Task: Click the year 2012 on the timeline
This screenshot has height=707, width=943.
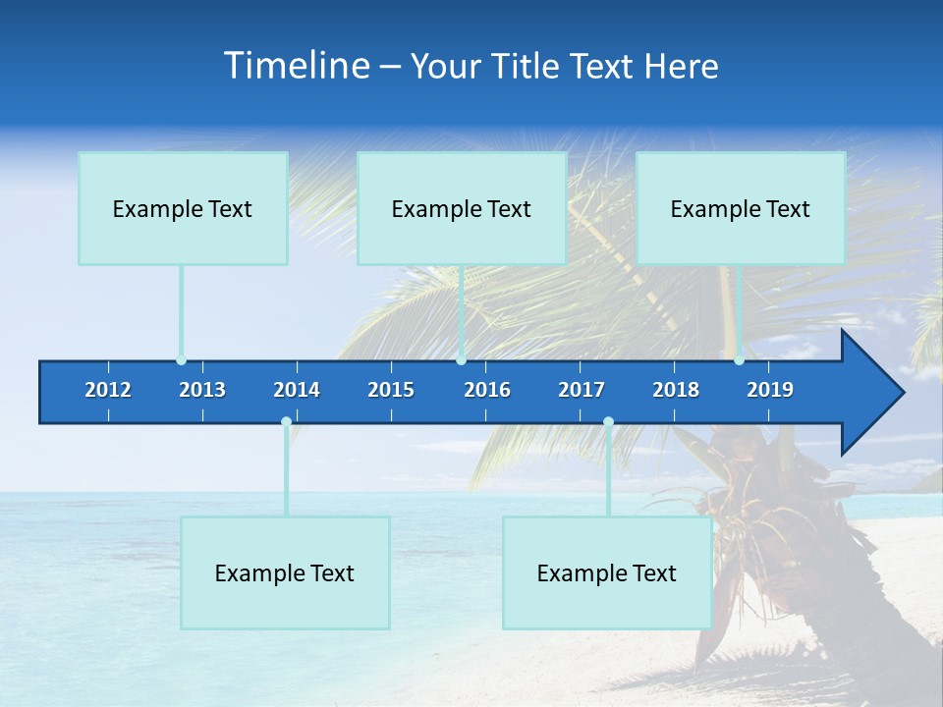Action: tap(108, 390)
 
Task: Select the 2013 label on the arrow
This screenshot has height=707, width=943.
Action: tap(202, 390)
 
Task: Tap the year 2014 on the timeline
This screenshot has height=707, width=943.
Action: tap(297, 390)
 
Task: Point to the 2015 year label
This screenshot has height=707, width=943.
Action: tap(391, 390)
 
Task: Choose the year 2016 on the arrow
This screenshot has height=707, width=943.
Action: tap(487, 390)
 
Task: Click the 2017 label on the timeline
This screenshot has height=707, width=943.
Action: tap(582, 390)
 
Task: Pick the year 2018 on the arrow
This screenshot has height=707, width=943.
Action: tap(676, 390)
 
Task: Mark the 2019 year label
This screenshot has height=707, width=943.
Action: tap(770, 390)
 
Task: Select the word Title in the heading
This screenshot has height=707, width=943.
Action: tap(527, 66)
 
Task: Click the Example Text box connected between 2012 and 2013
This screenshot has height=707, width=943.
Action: tap(183, 208)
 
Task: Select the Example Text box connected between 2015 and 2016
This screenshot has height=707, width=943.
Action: tap(462, 208)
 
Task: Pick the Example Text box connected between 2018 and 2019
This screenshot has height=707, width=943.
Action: tap(741, 208)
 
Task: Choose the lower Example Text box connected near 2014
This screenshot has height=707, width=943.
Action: tap(285, 572)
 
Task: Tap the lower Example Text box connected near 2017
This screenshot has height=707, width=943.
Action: tap(607, 572)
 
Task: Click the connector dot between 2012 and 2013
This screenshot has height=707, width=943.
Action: tap(181, 360)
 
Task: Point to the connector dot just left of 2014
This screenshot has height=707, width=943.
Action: tap(286, 422)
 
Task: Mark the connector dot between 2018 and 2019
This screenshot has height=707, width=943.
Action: tap(739, 360)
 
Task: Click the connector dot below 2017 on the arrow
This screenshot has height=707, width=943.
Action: tap(608, 422)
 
